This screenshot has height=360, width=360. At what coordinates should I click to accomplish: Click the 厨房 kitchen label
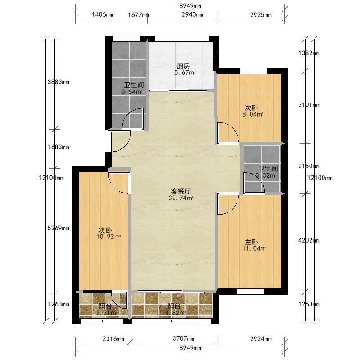(184, 66)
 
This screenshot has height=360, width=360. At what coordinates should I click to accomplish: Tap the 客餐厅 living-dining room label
(181, 191)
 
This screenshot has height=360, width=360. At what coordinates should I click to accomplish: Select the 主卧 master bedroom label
(252, 242)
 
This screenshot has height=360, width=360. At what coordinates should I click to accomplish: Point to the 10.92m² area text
(108, 237)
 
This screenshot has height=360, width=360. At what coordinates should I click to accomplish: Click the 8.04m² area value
(252, 114)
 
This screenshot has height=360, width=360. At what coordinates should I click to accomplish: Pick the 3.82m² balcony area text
(175, 312)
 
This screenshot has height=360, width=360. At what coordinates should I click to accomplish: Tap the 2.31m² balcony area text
(105, 312)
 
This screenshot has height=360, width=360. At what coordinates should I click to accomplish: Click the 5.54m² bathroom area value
(131, 92)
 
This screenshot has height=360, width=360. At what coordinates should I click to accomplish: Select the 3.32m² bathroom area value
(266, 175)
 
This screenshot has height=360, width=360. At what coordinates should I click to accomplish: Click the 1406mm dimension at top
(103, 15)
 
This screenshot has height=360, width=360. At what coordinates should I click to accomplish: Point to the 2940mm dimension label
(193, 15)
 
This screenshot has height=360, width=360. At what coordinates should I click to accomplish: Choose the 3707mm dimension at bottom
(184, 338)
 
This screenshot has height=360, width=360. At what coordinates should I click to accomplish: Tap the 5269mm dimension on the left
(58, 228)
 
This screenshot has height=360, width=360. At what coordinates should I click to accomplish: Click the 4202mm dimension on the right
(309, 240)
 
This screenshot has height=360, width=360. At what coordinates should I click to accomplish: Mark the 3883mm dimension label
(58, 82)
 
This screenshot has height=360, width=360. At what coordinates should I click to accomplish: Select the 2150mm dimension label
(309, 166)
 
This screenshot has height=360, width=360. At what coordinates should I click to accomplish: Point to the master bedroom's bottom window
(250, 292)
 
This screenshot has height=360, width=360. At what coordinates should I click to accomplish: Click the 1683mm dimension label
(58, 147)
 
